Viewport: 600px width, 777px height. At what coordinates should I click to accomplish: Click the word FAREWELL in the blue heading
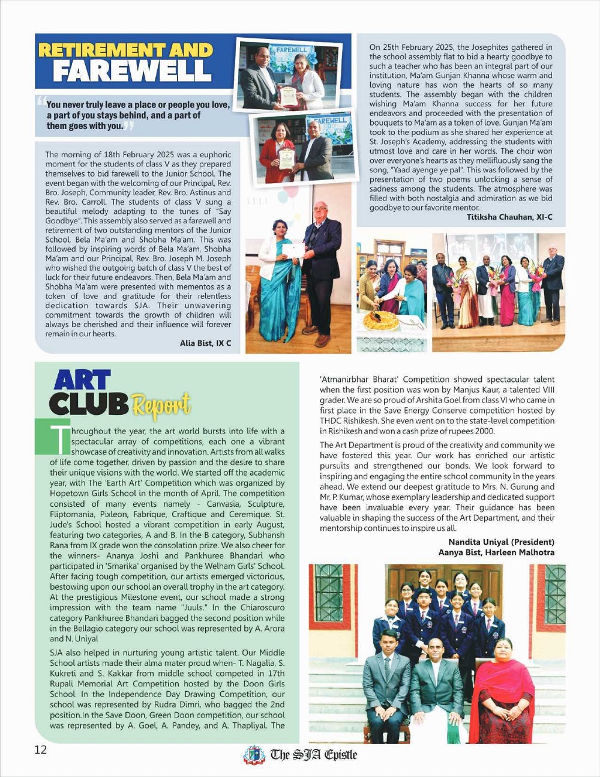pos(131,71)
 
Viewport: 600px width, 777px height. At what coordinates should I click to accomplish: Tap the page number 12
pos(40,750)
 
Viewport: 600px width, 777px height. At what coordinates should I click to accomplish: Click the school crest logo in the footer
pos(254,755)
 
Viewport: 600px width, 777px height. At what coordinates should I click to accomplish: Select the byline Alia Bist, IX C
pos(205,343)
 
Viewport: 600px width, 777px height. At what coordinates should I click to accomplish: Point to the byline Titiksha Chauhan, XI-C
pos(509,217)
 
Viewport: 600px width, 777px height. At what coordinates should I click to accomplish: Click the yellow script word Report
pos(161,406)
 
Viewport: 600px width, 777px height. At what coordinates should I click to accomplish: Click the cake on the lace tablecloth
pos(381,320)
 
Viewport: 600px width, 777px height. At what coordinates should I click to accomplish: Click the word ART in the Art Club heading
pos(82,381)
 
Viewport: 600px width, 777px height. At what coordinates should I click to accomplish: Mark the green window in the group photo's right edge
pos(555,594)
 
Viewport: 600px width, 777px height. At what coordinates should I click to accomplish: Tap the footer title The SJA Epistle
pos(313,755)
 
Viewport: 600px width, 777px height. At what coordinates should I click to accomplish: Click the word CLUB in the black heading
pos(88,405)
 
